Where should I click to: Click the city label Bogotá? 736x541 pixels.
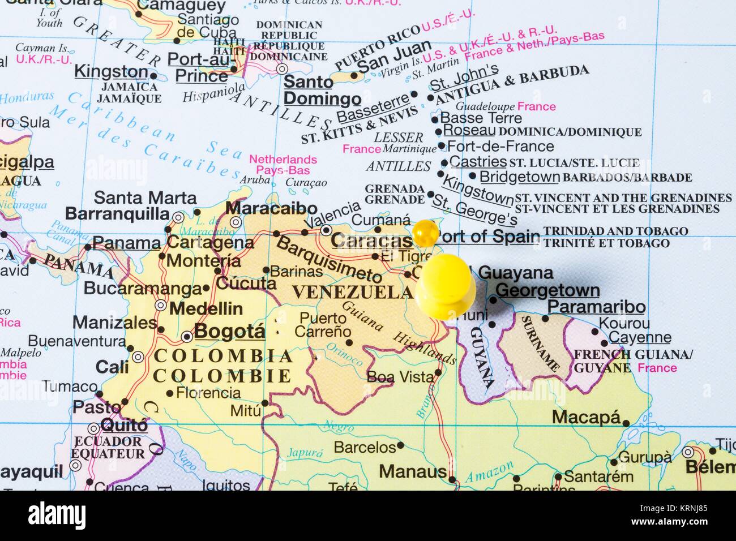pyautogui.click(x=230, y=331)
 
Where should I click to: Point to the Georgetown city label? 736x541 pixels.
pyautogui.click(x=547, y=290)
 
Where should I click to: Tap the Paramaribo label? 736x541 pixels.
pyautogui.click(x=596, y=307)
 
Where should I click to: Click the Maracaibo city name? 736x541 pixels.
pyautogui.click(x=271, y=208)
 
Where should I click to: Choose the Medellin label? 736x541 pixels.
pyautogui.click(x=206, y=309)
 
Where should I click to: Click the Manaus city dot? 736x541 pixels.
pyautogui.click(x=452, y=479)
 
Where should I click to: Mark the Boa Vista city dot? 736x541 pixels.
pyautogui.click(x=438, y=372)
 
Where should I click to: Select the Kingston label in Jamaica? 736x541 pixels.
pyautogui.click(x=111, y=72)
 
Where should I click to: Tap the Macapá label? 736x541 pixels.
pyautogui.click(x=587, y=418)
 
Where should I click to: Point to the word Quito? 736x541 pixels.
pyautogui.click(x=124, y=425)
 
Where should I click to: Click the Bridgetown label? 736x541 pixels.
pyautogui.click(x=519, y=177)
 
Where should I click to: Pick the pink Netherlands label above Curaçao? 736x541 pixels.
pyautogui.click(x=283, y=160)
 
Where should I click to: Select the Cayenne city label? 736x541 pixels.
pyautogui.click(x=640, y=338)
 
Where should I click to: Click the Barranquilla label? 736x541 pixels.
pyautogui.click(x=117, y=214)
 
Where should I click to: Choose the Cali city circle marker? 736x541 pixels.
pyautogui.click(x=138, y=357)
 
